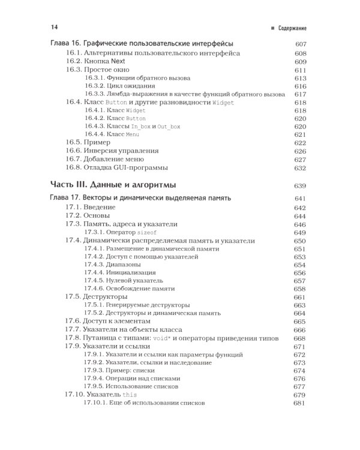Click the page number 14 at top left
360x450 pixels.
pos(55,26)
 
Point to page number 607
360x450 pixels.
pos(300,44)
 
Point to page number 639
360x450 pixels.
pos(300,185)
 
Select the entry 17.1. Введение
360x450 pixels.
pos(91,207)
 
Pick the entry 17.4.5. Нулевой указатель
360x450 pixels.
pos(124,280)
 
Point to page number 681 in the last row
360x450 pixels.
pos(300,403)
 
